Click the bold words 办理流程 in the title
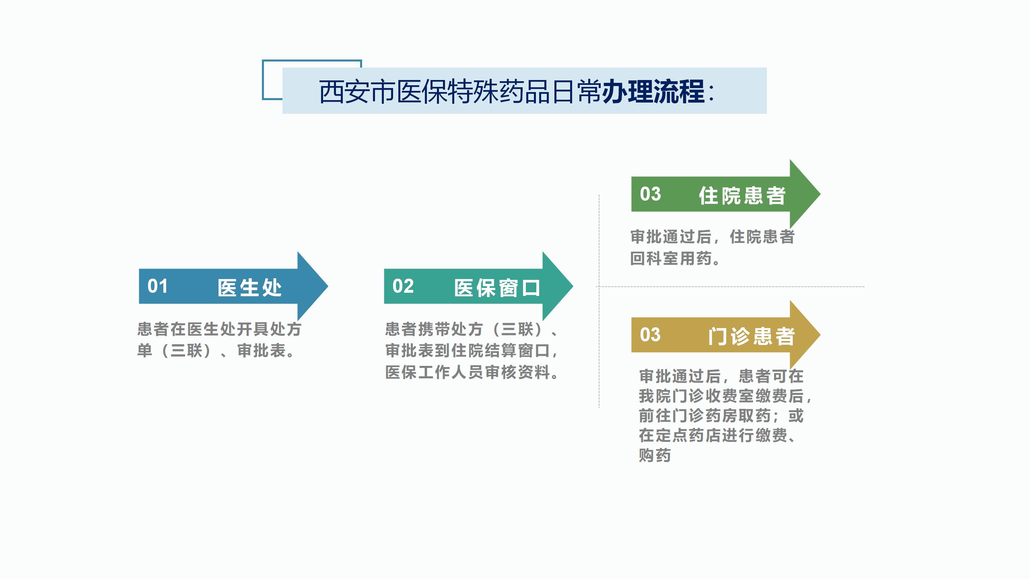653,92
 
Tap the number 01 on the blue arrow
158,286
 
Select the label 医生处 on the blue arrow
249,287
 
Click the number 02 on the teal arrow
403,286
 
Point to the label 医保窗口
497,288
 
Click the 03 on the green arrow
650,194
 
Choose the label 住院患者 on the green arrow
742,195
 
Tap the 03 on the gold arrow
650,335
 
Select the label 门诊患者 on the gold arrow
752,336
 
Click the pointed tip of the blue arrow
328,286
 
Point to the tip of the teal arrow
573,286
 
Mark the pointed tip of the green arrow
820,194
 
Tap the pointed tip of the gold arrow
820,335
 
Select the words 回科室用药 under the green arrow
671,259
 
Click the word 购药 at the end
655,455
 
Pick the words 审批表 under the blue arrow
262,351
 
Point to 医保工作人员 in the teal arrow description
435,372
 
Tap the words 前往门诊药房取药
705,416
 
